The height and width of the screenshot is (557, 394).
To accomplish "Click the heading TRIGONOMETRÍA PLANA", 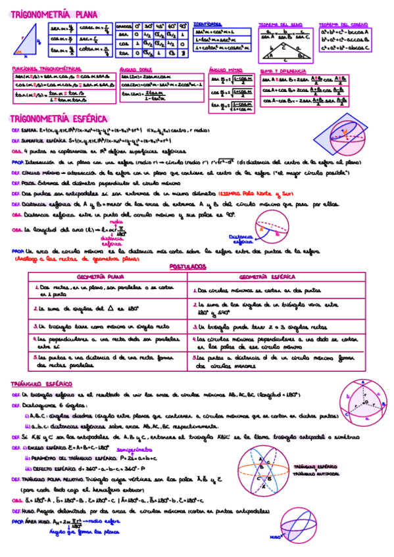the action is tap(53, 13).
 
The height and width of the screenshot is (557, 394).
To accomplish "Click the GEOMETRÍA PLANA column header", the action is tap(106, 277).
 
